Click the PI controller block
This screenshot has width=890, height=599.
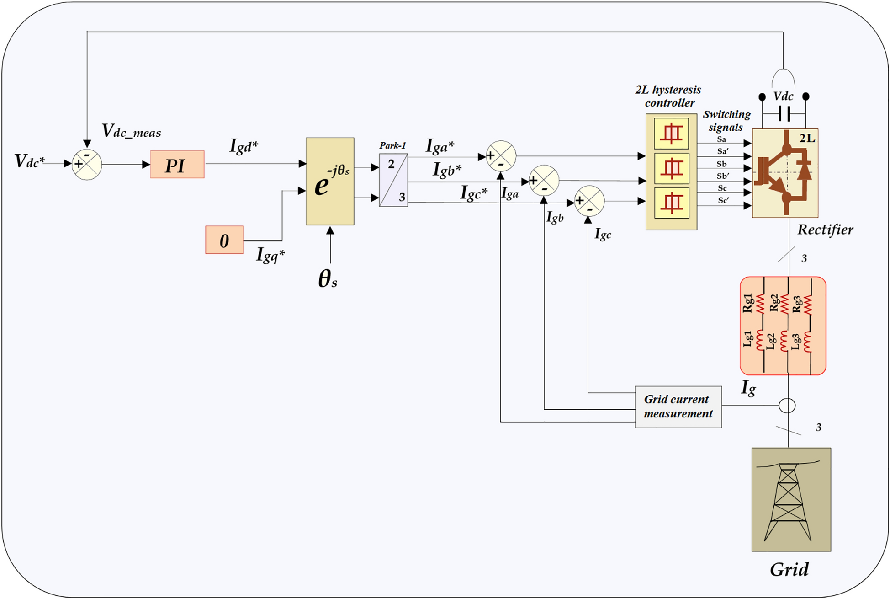coord(177,165)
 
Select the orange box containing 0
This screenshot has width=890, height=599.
coord(224,240)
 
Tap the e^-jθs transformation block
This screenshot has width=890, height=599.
coord(330,182)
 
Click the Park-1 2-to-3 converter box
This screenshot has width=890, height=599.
coord(393,180)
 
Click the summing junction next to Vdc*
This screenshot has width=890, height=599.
coord(87,165)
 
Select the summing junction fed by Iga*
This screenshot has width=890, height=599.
coord(501,156)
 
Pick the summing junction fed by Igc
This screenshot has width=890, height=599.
coord(589,201)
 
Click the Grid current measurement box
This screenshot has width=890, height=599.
coord(678,407)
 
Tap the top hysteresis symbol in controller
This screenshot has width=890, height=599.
coord(671,134)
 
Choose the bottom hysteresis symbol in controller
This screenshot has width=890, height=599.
coord(671,203)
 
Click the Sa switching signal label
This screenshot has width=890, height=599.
coord(721,139)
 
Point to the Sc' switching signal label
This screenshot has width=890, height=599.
coord(723,200)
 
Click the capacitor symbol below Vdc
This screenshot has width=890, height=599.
coord(784,113)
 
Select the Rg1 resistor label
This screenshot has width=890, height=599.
coord(748,303)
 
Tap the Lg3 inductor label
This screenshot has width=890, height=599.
coord(795,342)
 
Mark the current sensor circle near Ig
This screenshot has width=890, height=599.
coord(787,406)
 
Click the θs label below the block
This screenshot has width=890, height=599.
coord(328,278)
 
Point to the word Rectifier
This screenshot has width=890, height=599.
coord(825,230)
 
